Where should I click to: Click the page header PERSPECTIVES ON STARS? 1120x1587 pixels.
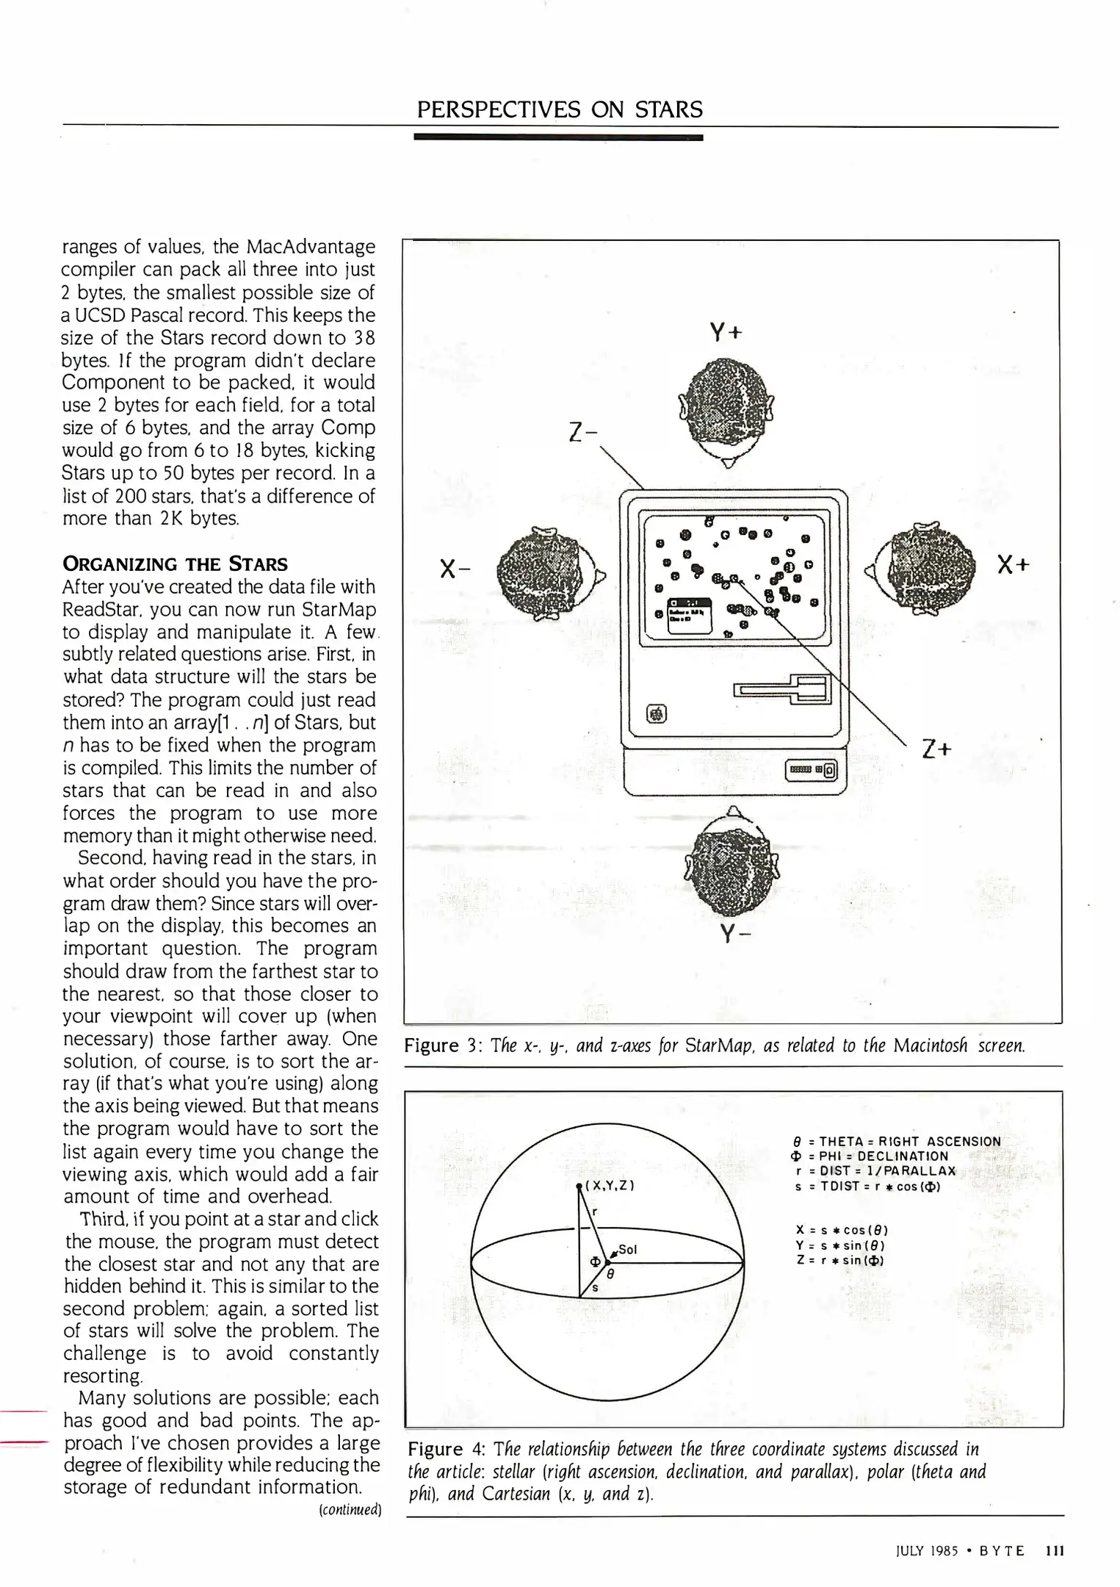[x=559, y=109]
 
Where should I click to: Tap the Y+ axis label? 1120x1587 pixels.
[x=726, y=333]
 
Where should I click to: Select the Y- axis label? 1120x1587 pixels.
[x=729, y=934]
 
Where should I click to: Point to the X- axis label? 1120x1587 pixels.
[x=455, y=568]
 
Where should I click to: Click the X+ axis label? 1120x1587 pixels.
[x=1014, y=564]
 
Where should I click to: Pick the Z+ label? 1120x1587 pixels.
[x=936, y=749]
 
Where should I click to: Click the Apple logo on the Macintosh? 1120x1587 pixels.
[x=656, y=713]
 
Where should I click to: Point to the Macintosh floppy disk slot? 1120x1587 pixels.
[x=783, y=688]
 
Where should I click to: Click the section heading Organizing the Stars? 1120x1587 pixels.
[x=175, y=564]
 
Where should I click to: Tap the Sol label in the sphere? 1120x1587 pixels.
[x=626, y=1249]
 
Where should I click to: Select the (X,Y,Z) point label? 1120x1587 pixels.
[x=609, y=1186]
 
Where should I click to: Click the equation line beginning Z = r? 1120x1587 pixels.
[x=839, y=1260]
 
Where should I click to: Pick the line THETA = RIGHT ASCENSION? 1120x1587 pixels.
[x=897, y=1141]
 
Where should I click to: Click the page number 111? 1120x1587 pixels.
[x=1054, y=1550]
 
